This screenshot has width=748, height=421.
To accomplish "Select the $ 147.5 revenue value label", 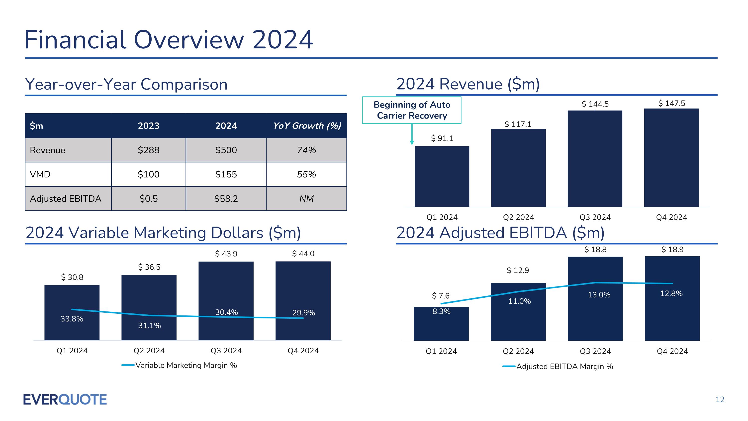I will pyautogui.click(x=671, y=103).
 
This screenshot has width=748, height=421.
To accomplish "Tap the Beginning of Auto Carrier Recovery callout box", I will pyautogui.click(x=411, y=110).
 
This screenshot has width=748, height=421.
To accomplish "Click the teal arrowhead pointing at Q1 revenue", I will pyautogui.click(x=412, y=142).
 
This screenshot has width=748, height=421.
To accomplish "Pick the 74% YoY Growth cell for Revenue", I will pyautogui.click(x=306, y=150).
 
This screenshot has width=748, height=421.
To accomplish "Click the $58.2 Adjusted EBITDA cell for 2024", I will pyautogui.click(x=226, y=198).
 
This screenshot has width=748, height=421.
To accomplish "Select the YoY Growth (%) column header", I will pyautogui.click(x=307, y=126).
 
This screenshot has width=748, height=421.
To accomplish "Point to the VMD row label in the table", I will pyautogui.click(x=40, y=174).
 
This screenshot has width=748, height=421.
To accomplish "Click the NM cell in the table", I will pyautogui.click(x=306, y=198).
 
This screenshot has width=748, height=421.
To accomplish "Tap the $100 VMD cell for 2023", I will pyautogui.click(x=148, y=174).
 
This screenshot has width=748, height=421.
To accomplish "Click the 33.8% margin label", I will pyautogui.click(x=72, y=319).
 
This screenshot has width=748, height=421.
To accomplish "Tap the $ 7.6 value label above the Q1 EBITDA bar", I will pyautogui.click(x=441, y=296).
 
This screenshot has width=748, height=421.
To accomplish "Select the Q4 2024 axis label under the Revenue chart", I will pyautogui.click(x=671, y=217).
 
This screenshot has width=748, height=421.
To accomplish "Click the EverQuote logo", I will pyautogui.click(x=65, y=400).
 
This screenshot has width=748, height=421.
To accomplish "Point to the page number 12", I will pyautogui.click(x=720, y=400).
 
